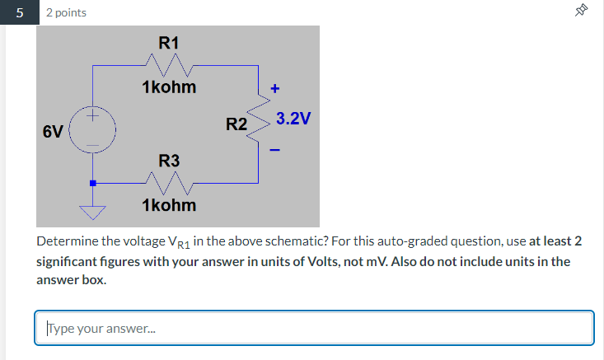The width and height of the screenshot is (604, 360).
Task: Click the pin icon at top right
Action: pyautogui.click(x=582, y=11)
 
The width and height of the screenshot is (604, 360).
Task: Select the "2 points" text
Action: pyautogui.click(x=66, y=12)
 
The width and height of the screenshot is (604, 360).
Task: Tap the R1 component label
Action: pyautogui.click(x=169, y=41)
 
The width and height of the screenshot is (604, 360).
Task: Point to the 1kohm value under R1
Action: pyautogui.click(x=169, y=86)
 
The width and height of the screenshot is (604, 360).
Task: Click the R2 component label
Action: pyautogui.click(x=236, y=125)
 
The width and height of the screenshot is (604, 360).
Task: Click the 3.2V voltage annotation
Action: pyautogui.click(x=293, y=119)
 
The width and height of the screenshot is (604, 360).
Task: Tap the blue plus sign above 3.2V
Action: pyautogui.click(x=275, y=87)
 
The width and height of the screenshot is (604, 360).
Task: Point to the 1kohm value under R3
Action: pyautogui.click(x=169, y=203)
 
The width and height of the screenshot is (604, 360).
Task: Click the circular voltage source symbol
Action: pyautogui.click(x=93, y=132)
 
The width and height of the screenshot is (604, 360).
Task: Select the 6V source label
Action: pyautogui.click(x=53, y=132)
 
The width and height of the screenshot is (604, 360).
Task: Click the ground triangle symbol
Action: pyautogui.click(x=93, y=213)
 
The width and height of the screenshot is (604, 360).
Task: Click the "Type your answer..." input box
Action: pyautogui.click(x=314, y=328)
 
